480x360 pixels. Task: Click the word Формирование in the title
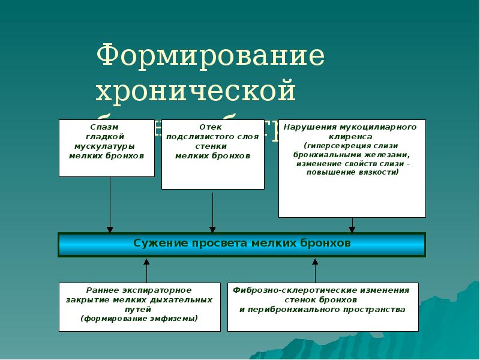click(210, 56)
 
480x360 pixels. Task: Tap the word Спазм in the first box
click(100, 127)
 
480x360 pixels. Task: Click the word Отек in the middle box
click(211, 127)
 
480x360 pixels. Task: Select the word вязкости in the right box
click(376, 172)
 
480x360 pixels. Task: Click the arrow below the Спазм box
click(110, 204)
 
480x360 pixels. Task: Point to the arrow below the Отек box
click(212, 210)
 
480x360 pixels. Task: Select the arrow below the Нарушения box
click(352, 225)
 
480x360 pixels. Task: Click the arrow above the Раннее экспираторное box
click(146, 270)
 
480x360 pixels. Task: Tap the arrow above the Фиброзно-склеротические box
click(315, 270)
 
